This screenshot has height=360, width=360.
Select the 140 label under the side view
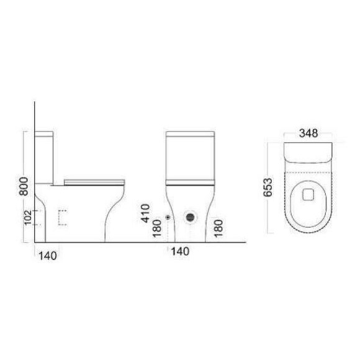pos(48,254)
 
